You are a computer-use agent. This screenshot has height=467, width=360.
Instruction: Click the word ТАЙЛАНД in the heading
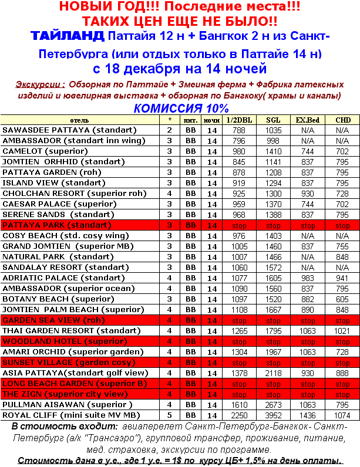[x=68, y=36]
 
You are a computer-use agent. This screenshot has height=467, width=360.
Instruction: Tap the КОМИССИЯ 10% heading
[x=180, y=108]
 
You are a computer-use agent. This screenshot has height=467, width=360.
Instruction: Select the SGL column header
[x=273, y=120]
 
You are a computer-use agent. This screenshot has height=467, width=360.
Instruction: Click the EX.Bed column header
[x=308, y=120]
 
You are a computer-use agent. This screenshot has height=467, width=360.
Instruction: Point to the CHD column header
[x=342, y=120]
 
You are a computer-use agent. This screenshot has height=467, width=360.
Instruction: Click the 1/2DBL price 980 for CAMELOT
[x=239, y=151]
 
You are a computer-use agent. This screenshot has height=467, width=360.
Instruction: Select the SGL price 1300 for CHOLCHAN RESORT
[x=273, y=193]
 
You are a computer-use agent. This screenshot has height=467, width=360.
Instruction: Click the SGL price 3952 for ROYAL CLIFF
[x=273, y=415]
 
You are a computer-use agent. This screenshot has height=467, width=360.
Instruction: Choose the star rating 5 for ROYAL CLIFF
[x=170, y=415]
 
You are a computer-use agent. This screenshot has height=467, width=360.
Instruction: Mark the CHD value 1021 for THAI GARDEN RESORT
[x=342, y=330]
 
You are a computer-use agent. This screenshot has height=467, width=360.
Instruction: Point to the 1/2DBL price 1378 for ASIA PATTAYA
[x=239, y=373]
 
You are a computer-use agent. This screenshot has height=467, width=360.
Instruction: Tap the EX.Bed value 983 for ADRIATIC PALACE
[x=308, y=278]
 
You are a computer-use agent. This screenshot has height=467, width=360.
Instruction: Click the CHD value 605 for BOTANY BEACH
[x=342, y=299]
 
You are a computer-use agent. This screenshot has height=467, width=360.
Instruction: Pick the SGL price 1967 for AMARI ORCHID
[x=273, y=351]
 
